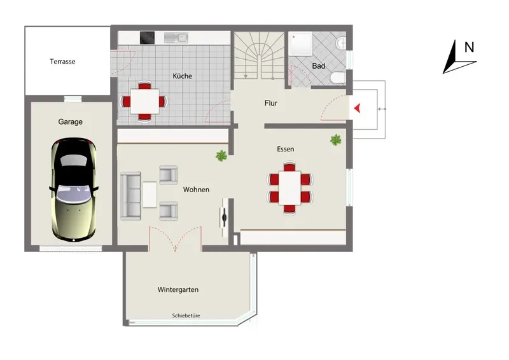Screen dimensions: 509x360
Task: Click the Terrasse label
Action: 62,61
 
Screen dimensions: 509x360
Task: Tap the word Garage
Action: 71,121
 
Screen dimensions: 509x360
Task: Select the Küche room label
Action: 182,76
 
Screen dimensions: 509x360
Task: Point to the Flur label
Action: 271,103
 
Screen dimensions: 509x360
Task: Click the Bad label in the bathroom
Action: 319,66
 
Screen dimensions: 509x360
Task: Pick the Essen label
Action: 285,149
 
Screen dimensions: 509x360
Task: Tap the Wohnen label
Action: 196,190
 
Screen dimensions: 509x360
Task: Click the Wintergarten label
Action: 178,289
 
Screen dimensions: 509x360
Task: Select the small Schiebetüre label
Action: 186,315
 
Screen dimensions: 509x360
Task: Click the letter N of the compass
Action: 469,48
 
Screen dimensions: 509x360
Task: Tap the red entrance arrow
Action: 358,108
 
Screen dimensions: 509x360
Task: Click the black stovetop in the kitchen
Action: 147,38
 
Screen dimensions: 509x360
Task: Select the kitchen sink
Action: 176,38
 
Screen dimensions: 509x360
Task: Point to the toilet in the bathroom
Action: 338,78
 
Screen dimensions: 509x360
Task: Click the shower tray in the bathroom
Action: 300,43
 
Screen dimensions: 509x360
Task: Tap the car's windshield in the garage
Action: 73,195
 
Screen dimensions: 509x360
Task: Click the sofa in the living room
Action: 131,196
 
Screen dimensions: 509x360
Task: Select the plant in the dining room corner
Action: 336,140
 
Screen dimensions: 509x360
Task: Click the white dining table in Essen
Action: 289,188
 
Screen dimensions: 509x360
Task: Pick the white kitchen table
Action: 144,101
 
